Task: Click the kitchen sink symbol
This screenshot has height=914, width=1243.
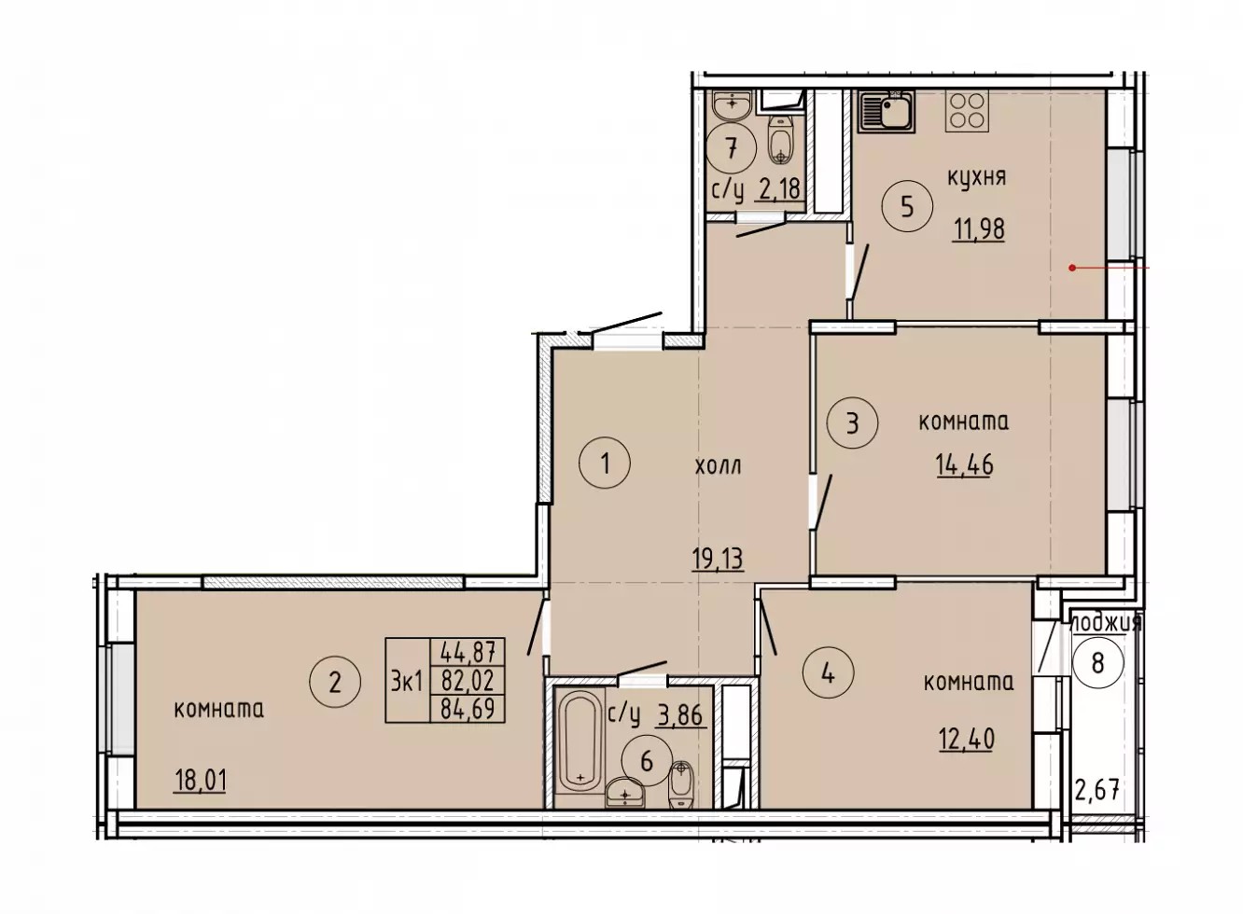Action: tap(886, 112)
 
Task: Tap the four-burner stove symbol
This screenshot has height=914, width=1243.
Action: tap(967, 111)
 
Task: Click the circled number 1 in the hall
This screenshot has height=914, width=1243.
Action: tap(605, 464)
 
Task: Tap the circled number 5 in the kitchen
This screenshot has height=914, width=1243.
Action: tap(908, 207)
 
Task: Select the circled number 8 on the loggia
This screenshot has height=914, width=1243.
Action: tap(1097, 663)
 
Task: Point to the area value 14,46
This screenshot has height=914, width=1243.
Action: tap(965, 464)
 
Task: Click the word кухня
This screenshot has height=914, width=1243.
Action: tap(976, 179)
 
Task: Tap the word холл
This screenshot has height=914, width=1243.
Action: tap(718, 467)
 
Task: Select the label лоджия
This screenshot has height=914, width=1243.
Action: tap(1106, 623)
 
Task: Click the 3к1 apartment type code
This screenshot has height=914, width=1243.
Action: tap(407, 682)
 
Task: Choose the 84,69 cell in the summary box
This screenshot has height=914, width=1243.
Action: tap(468, 710)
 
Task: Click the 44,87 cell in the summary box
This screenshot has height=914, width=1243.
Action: tap(468, 652)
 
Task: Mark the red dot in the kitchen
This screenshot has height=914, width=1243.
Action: tap(1072, 268)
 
